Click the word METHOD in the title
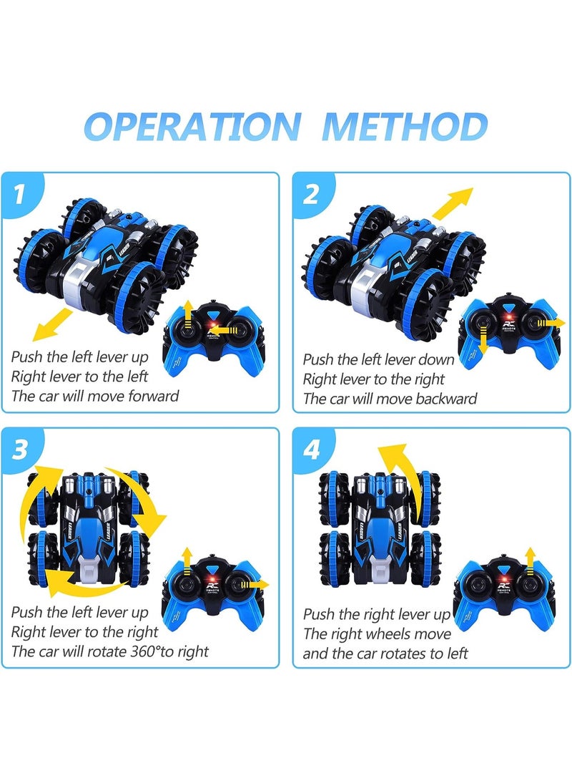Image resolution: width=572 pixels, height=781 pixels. (x=404, y=127)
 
